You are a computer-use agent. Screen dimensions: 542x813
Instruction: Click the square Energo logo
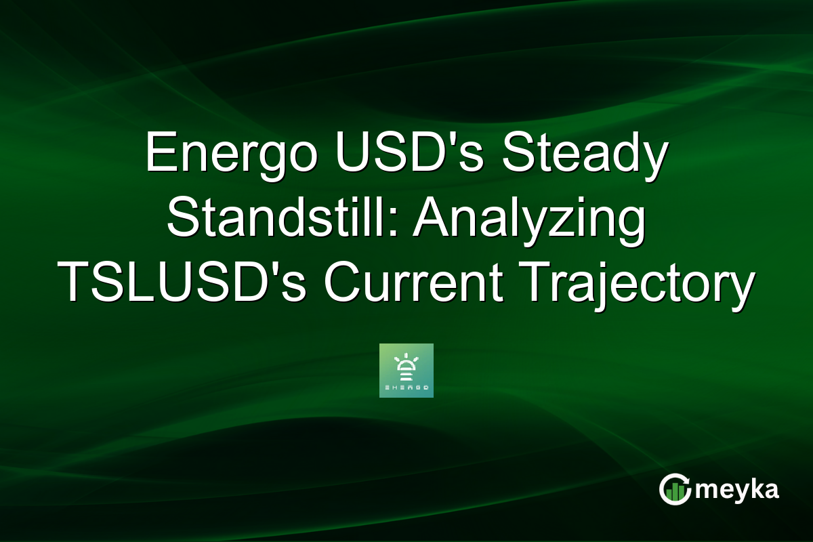[406, 371]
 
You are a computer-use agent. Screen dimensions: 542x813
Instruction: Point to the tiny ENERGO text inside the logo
[406, 388]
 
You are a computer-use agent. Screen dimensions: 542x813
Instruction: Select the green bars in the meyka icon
[674, 493]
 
